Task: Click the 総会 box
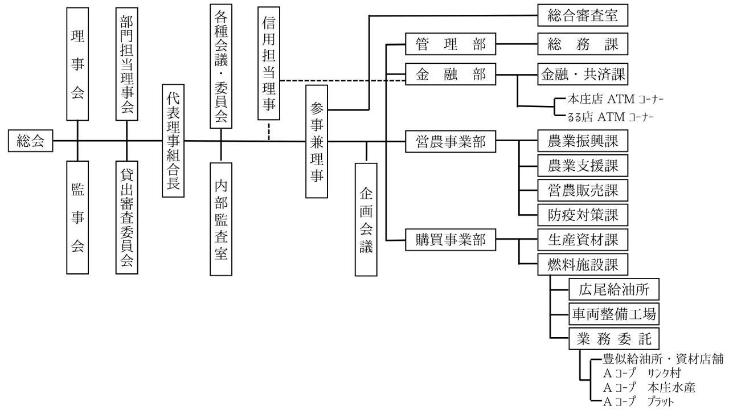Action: coord(31,141)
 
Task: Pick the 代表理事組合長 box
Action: coord(173,141)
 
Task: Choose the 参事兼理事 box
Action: coord(317,142)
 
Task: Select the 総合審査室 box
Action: coord(583,15)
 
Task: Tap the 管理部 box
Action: coord(450,43)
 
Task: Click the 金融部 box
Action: coord(450,74)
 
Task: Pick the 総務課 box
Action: coord(583,43)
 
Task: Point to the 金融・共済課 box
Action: coord(583,74)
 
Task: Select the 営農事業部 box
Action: coord(450,141)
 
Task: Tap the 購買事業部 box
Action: coord(450,240)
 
